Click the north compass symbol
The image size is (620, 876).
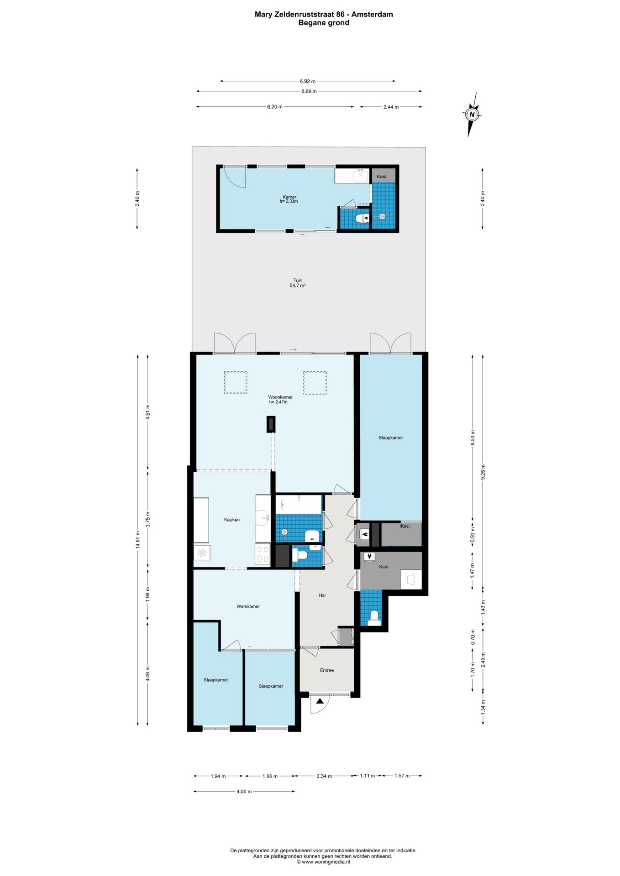click(472, 114)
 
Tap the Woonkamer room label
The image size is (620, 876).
click(280, 397)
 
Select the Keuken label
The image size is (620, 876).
click(231, 520)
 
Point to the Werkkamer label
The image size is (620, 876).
click(248, 606)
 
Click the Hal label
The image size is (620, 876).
click(322, 595)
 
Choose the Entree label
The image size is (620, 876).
click(327, 670)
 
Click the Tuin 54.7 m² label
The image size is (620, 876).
click(298, 283)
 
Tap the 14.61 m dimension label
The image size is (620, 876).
click(137, 540)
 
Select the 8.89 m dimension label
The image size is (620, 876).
click(309, 91)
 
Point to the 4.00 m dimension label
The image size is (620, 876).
click(244, 792)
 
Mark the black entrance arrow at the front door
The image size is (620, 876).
click(320, 701)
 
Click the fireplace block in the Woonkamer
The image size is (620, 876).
click(271, 424)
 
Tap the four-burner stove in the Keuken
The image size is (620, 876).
click(263, 555)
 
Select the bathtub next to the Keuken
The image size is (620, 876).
click(299, 504)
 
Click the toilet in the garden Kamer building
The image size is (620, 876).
click(362, 219)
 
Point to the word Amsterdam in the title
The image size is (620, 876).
click(372, 14)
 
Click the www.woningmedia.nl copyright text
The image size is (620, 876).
click(323, 862)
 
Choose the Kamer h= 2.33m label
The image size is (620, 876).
click(289, 199)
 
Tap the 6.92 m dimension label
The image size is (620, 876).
click(308, 81)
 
